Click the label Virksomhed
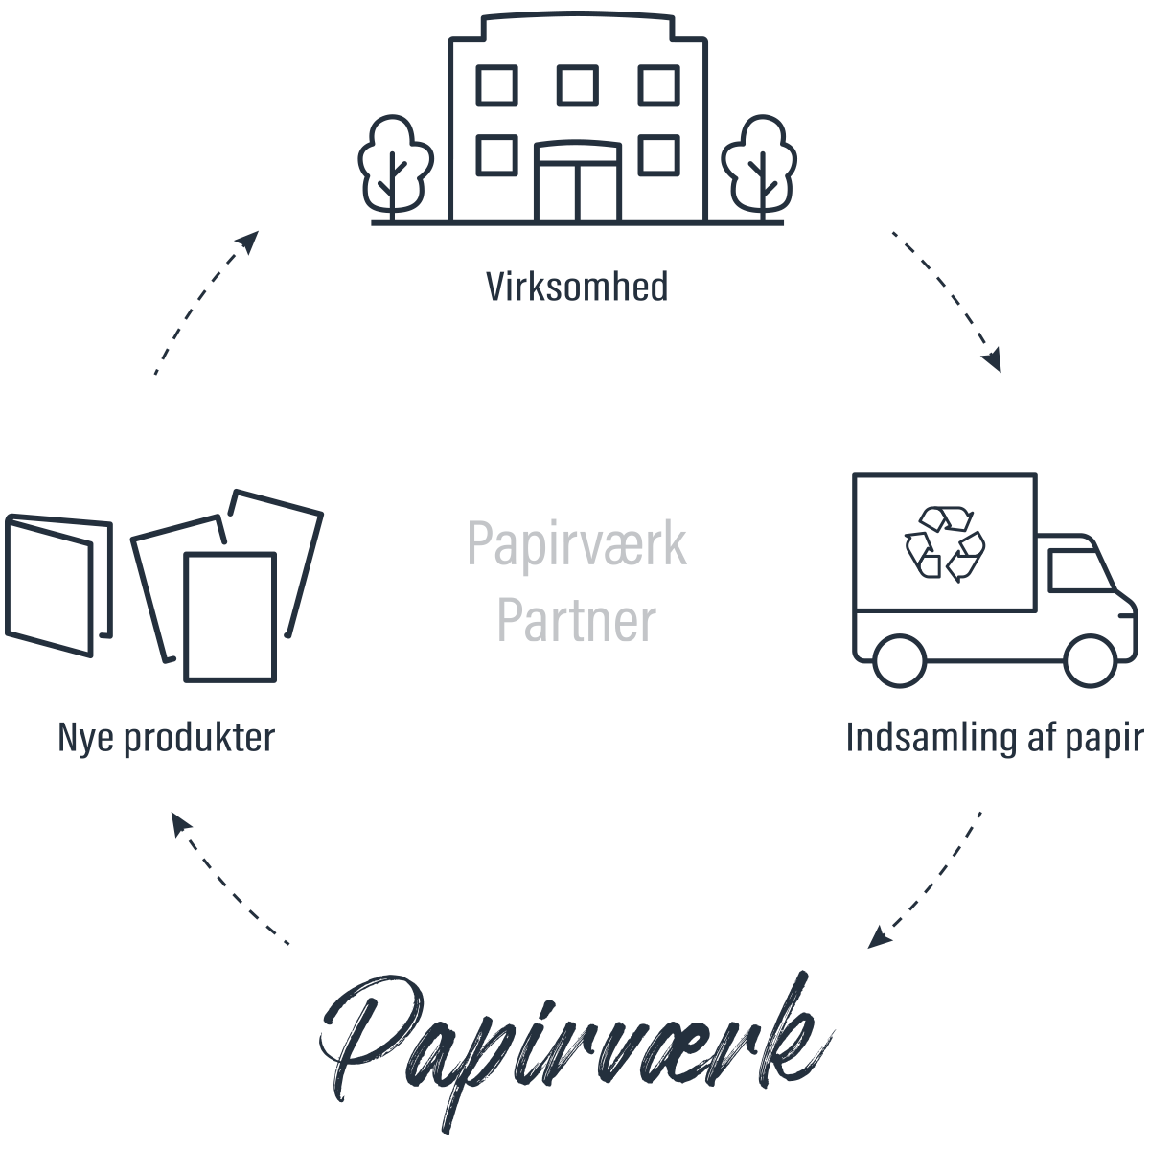click(577, 287)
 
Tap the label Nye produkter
click(166, 738)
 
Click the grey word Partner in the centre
click(577, 621)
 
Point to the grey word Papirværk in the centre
click(577, 544)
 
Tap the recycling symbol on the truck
click(945, 544)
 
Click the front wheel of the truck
click(1091, 660)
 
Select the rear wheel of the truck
click(900, 660)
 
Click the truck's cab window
click(1075, 571)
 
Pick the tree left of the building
click(394, 163)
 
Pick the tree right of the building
click(759, 163)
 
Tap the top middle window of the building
click(578, 85)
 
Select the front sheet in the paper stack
click(230, 617)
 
